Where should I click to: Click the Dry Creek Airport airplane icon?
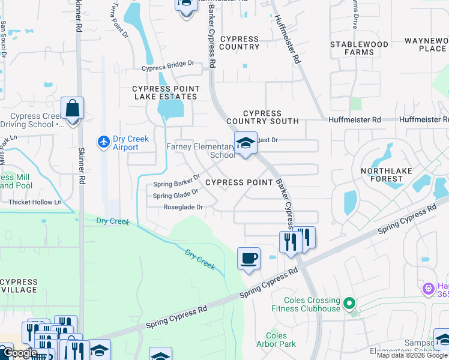pyautogui.click(x=104, y=142)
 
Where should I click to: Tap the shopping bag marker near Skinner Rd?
pyautogui.click(x=72, y=110)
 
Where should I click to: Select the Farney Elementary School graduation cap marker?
pyautogui.click(x=245, y=144)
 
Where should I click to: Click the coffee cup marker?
pyautogui.click(x=249, y=259)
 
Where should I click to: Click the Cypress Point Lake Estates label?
pyautogui.click(x=164, y=92)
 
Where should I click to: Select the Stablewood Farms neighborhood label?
pyautogui.click(x=359, y=48)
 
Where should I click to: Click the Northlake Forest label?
pyautogui.click(x=386, y=175)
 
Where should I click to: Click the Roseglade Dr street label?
pyautogui.click(x=183, y=208)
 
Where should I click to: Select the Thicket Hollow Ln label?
pyautogui.click(x=35, y=202)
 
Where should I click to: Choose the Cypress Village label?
pyautogui.click(x=19, y=285)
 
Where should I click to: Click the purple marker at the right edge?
pyautogui.click(x=428, y=289)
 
